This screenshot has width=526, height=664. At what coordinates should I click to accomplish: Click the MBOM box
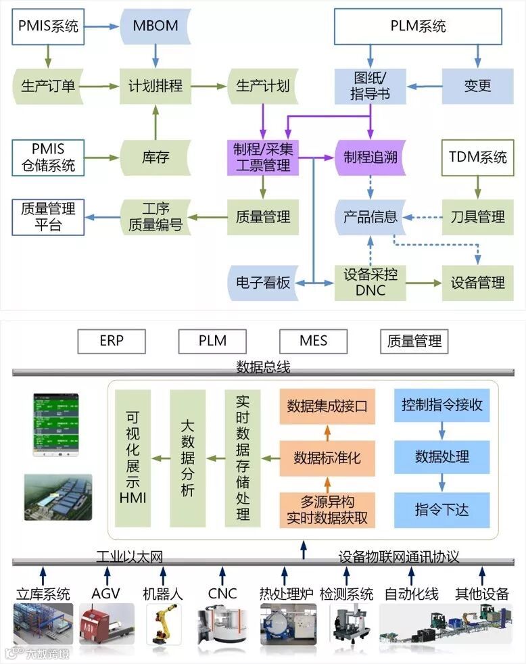[x=156, y=27]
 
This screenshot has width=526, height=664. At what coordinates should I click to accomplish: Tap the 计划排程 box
[x=156, y=86]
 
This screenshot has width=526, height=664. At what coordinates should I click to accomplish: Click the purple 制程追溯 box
[x=370, y=158]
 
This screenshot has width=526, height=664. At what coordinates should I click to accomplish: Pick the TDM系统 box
[x=478, y=158]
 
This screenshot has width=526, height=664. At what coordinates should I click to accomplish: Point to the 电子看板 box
[x=263, y=283]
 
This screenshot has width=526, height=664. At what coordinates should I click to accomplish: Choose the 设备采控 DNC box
[x=370, y=283]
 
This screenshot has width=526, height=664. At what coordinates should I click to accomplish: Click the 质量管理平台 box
[x=48, y=216]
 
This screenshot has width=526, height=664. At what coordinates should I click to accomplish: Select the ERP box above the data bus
[x=112, y=341]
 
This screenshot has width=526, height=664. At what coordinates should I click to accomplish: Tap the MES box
[x=313, y=341]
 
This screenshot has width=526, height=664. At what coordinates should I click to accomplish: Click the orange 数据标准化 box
[x=327, y=458]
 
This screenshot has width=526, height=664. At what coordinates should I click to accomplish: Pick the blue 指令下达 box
[x=442, y=509]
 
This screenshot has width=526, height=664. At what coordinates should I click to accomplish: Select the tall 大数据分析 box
[x=187, y=458]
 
